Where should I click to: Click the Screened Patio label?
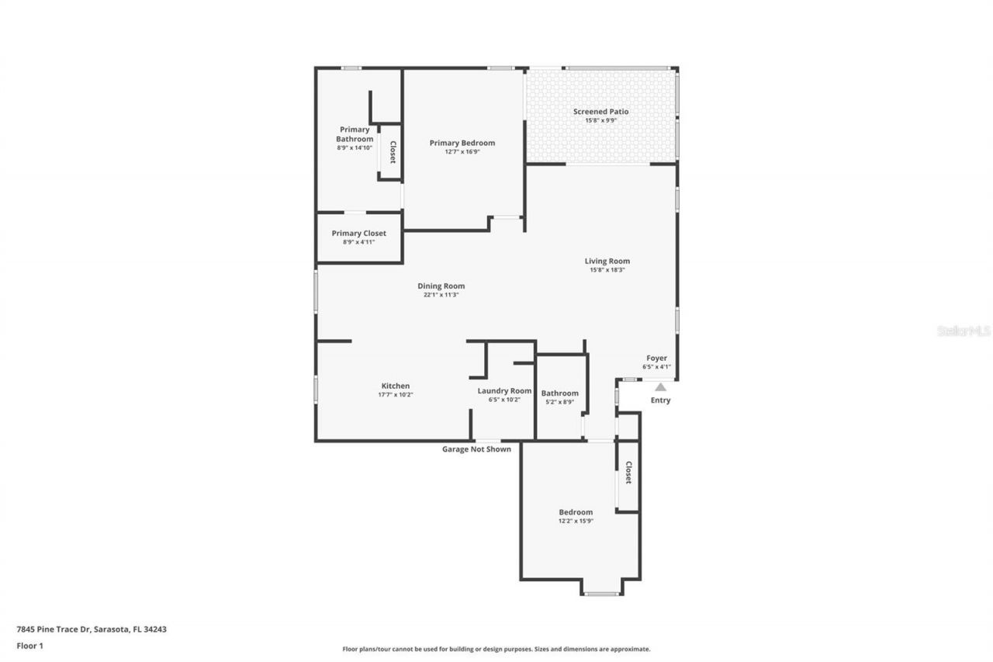[600, 112]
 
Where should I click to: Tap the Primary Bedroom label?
[462, 143]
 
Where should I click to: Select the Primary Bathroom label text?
[355, 134]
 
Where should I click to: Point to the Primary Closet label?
[358, 233]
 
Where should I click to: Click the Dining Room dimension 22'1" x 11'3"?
[441, 295]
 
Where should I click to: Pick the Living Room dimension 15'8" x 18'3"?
[607, 270]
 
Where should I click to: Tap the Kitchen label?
[395, 386]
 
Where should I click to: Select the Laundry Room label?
[504, 390]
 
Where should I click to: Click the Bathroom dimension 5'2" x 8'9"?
[559, 402]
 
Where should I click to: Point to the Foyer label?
[656, 358]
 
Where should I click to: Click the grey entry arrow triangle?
[660, 386]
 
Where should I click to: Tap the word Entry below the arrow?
[660, 400]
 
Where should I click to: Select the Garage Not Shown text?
[476, 449]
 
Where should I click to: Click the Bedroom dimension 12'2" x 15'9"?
[576, 521]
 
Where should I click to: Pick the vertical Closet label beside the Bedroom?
[628, 473]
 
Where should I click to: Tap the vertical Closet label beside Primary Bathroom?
[393, 152]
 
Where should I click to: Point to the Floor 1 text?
[29, 645]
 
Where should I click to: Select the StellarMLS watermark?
[964, 331]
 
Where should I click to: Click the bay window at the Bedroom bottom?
[601, 594]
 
